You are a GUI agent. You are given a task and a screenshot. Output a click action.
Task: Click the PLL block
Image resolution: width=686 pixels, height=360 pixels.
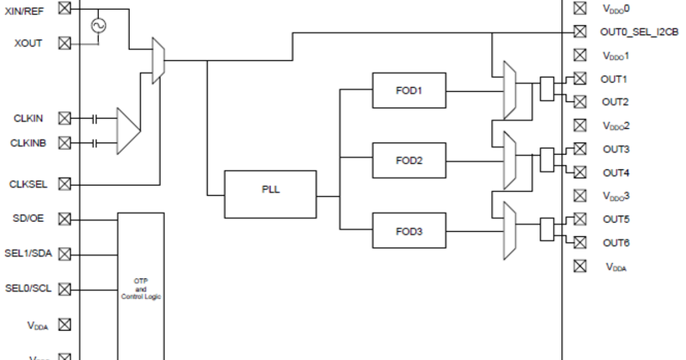(270, 194)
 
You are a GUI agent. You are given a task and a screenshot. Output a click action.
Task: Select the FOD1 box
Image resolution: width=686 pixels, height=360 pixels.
(409, 90)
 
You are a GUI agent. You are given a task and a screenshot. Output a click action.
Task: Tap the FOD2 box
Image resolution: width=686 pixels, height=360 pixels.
(409, 161)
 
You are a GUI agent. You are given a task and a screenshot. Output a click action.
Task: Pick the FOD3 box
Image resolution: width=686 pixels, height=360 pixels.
(409, 231)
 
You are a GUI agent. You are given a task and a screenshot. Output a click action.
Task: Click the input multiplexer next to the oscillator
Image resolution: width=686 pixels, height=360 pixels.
(158, 61)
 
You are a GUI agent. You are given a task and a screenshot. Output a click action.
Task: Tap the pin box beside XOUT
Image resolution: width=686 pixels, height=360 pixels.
(65, 43)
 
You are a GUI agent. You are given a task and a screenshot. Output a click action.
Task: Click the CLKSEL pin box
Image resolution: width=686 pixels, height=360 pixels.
(65, 184)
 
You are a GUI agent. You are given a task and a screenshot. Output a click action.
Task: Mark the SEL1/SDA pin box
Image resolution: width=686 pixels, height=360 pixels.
(65, 253)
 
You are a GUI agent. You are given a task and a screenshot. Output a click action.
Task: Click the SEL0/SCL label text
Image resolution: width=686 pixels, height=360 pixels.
(28, 289)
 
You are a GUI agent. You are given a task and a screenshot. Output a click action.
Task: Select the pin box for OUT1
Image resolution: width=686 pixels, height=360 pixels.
(580, 78)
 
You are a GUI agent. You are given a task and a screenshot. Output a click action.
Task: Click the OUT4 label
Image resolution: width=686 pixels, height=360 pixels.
(616, 173)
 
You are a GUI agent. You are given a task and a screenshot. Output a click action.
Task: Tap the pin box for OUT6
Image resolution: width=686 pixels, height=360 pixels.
(580, 242)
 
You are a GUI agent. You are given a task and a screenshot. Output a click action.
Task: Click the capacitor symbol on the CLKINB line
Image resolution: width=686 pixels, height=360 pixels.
(95, 142)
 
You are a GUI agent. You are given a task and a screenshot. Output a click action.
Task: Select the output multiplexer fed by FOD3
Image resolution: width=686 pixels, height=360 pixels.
(509, 231)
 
